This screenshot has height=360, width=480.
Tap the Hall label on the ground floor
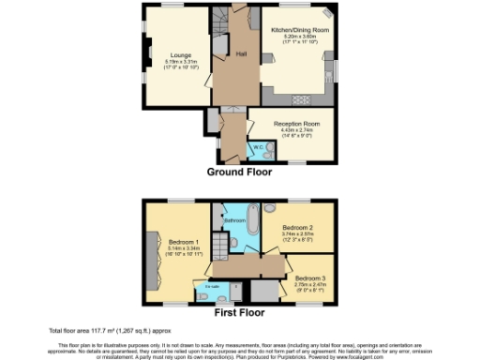coord(240,54)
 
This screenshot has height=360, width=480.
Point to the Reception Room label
coord(297,123)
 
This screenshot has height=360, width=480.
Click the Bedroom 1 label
coord(176,239)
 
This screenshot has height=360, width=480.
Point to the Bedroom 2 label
coord(297,228)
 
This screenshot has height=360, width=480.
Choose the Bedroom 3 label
coord(310,278)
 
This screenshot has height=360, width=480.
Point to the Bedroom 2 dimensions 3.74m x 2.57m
coord(297,234)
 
